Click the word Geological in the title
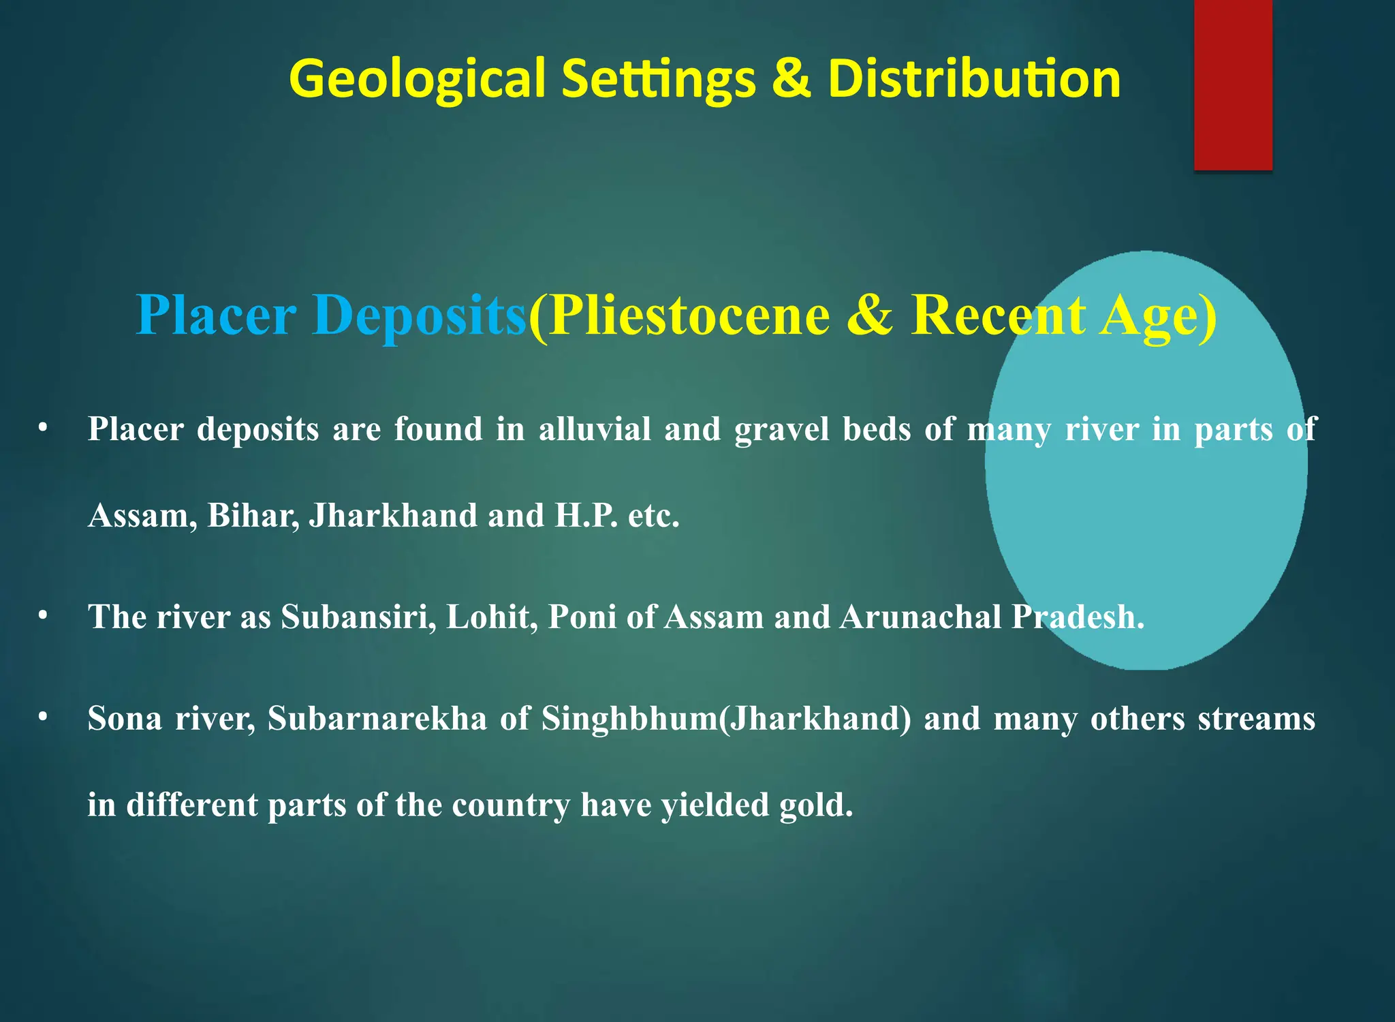pyautogui.click(x=417, y=79)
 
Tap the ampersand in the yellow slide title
pyautogui.click(x=791, y=78)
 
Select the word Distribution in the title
pyautogui.click(x=974, y=78)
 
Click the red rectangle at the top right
pyautogui.click(x=1233, y=84)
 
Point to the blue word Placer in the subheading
pyautogui.click(x=217, y=315)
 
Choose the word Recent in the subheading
pyautogui.click(x=999, y=315)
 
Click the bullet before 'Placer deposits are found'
pyautogui.click(x=43, y=428)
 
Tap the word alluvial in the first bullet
pyautogui.click(x=595, y=429)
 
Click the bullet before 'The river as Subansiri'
pyautogui.click(x=43, y=615)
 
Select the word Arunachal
pyautogui.click(x=920, y=617)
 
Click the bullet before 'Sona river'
pyautogui.click(x=43, y=717)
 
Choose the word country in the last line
pyautogui.click(x=511, y=805)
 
